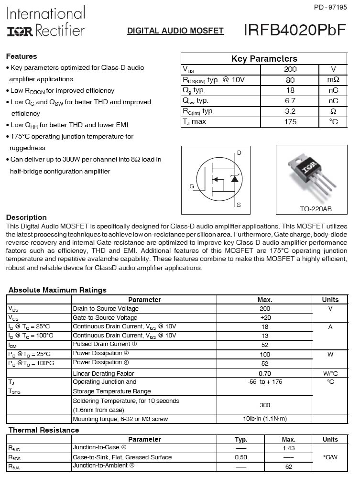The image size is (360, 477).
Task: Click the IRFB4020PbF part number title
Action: (295, 30)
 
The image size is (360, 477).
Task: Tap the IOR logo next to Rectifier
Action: (20, 31)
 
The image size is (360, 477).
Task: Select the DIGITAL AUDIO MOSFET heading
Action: (175, 31)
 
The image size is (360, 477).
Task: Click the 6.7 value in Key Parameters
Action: (290, 100)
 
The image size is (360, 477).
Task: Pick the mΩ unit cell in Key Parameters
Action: (333, 80)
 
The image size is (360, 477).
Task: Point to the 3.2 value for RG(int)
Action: (290, 111)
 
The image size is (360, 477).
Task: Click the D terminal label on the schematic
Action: (239, 152)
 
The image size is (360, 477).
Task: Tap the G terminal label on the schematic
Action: (192, 186)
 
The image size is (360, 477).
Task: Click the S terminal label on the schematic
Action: (239, 205)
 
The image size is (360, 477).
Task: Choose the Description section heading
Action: (26, 217)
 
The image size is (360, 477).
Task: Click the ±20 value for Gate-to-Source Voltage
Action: (264, 318)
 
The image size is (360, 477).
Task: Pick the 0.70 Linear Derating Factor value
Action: (264, 373)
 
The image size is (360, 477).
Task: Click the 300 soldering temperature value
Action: (264, 405)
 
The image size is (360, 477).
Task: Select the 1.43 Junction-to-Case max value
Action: (288, 448)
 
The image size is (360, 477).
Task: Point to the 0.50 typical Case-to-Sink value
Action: (241, 457)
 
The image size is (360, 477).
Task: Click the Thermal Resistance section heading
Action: (44, 430)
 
